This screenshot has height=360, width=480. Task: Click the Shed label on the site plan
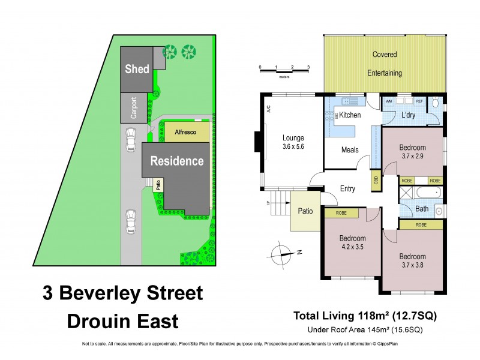tap(137, 69)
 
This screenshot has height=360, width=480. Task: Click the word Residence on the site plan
tap(176, 161)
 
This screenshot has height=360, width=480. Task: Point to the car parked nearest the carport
tap(130, 141)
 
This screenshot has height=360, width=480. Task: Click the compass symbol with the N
tap(282, 253)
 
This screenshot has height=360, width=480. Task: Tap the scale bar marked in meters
tap(284, 71)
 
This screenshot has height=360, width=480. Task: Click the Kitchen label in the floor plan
tap(351, 115)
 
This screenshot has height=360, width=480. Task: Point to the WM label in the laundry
tap(389, 102)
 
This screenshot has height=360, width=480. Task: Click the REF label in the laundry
tap(419, 102)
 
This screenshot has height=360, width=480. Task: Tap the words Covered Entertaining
tap(385, 64)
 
